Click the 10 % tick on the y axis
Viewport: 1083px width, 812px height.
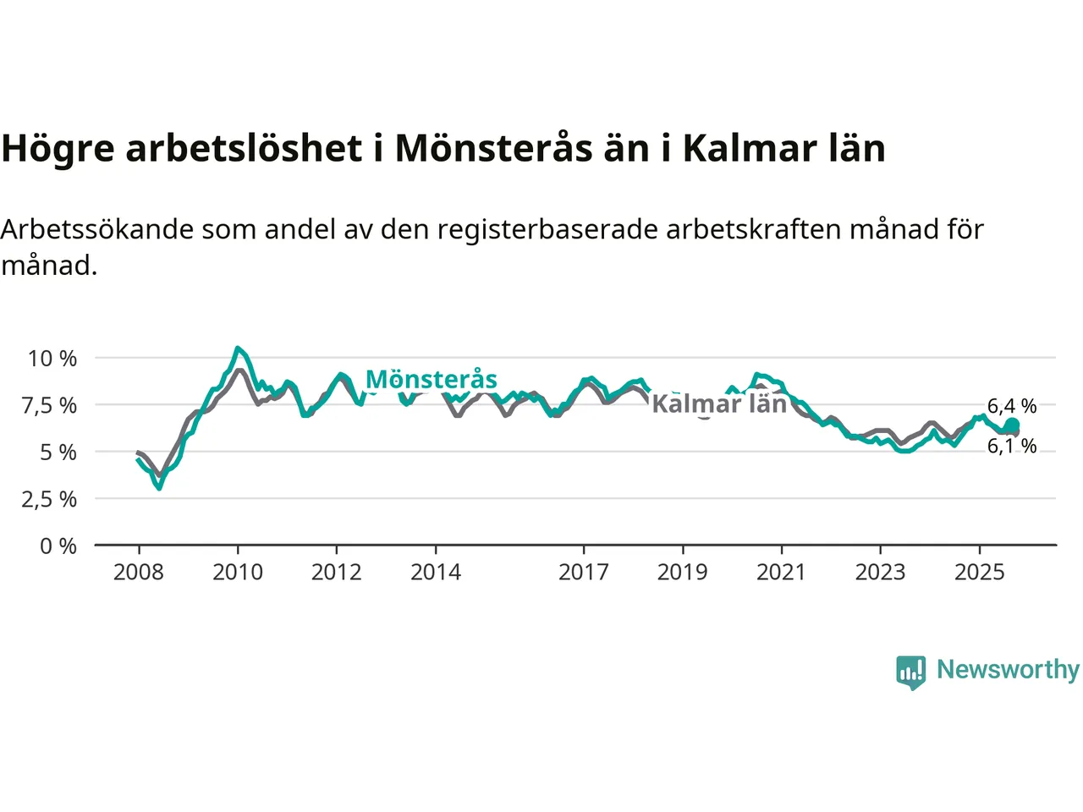pos(52,359)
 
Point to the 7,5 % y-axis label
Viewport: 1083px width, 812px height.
pos(50,405)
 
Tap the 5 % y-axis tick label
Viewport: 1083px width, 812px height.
pos(58,453)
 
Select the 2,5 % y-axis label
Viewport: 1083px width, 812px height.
pos(50,499)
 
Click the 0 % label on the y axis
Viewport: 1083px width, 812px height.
pos(58,546)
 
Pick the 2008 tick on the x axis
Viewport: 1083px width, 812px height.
pos(139,573)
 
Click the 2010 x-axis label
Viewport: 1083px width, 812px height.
pos(238,573)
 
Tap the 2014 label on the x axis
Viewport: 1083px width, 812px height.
pos(436,573)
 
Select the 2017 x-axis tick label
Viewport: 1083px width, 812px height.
pos(584,573)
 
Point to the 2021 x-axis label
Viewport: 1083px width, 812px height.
pos(781,573)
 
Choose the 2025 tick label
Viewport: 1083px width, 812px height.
pos(979,573)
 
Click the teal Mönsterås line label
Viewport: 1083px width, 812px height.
pos(432,380)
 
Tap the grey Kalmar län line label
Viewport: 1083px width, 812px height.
pos(719,403)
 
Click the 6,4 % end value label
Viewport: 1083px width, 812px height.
pos(1012,406)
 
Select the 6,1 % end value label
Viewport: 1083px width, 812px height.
pos(1012,446)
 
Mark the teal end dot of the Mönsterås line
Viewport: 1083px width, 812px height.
pos(1012,425)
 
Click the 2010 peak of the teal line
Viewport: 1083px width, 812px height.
pos(238,348)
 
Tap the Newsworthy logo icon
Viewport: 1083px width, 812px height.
pos(911,672)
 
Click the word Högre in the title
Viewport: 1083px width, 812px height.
pos(58,149)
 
